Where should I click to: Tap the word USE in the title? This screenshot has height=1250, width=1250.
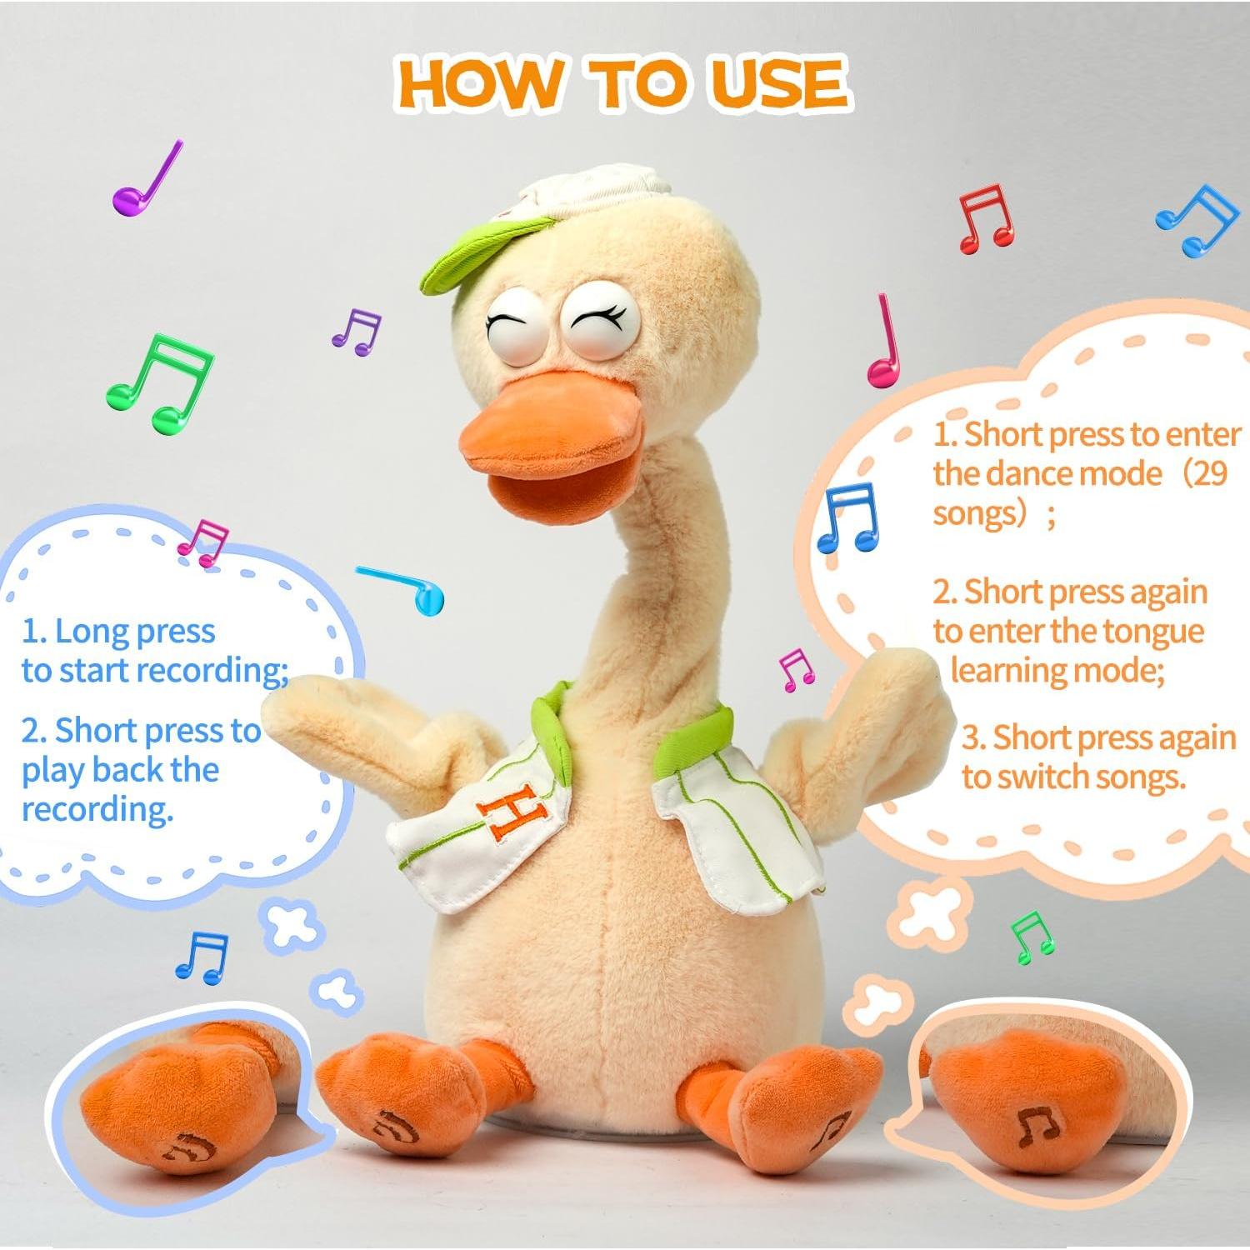[779, 83]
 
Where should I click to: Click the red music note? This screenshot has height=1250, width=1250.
[986, 218]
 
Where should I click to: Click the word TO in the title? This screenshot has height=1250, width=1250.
[637, 83]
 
